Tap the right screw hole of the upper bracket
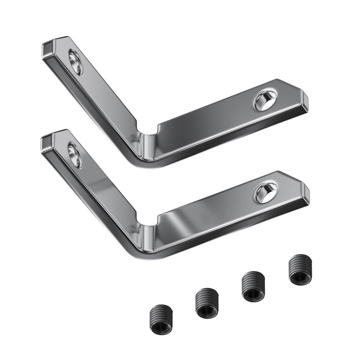tap(265, 100)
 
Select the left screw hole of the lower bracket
tap(75, 155)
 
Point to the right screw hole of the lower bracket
tap(265, 193)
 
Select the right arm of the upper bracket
tap(216, 122)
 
